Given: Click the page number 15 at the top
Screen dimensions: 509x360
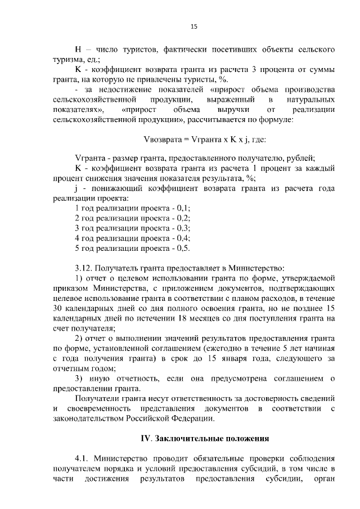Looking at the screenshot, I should click(x=194, y=25).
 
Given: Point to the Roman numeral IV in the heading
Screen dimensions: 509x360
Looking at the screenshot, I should click(x=145, y=437).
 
